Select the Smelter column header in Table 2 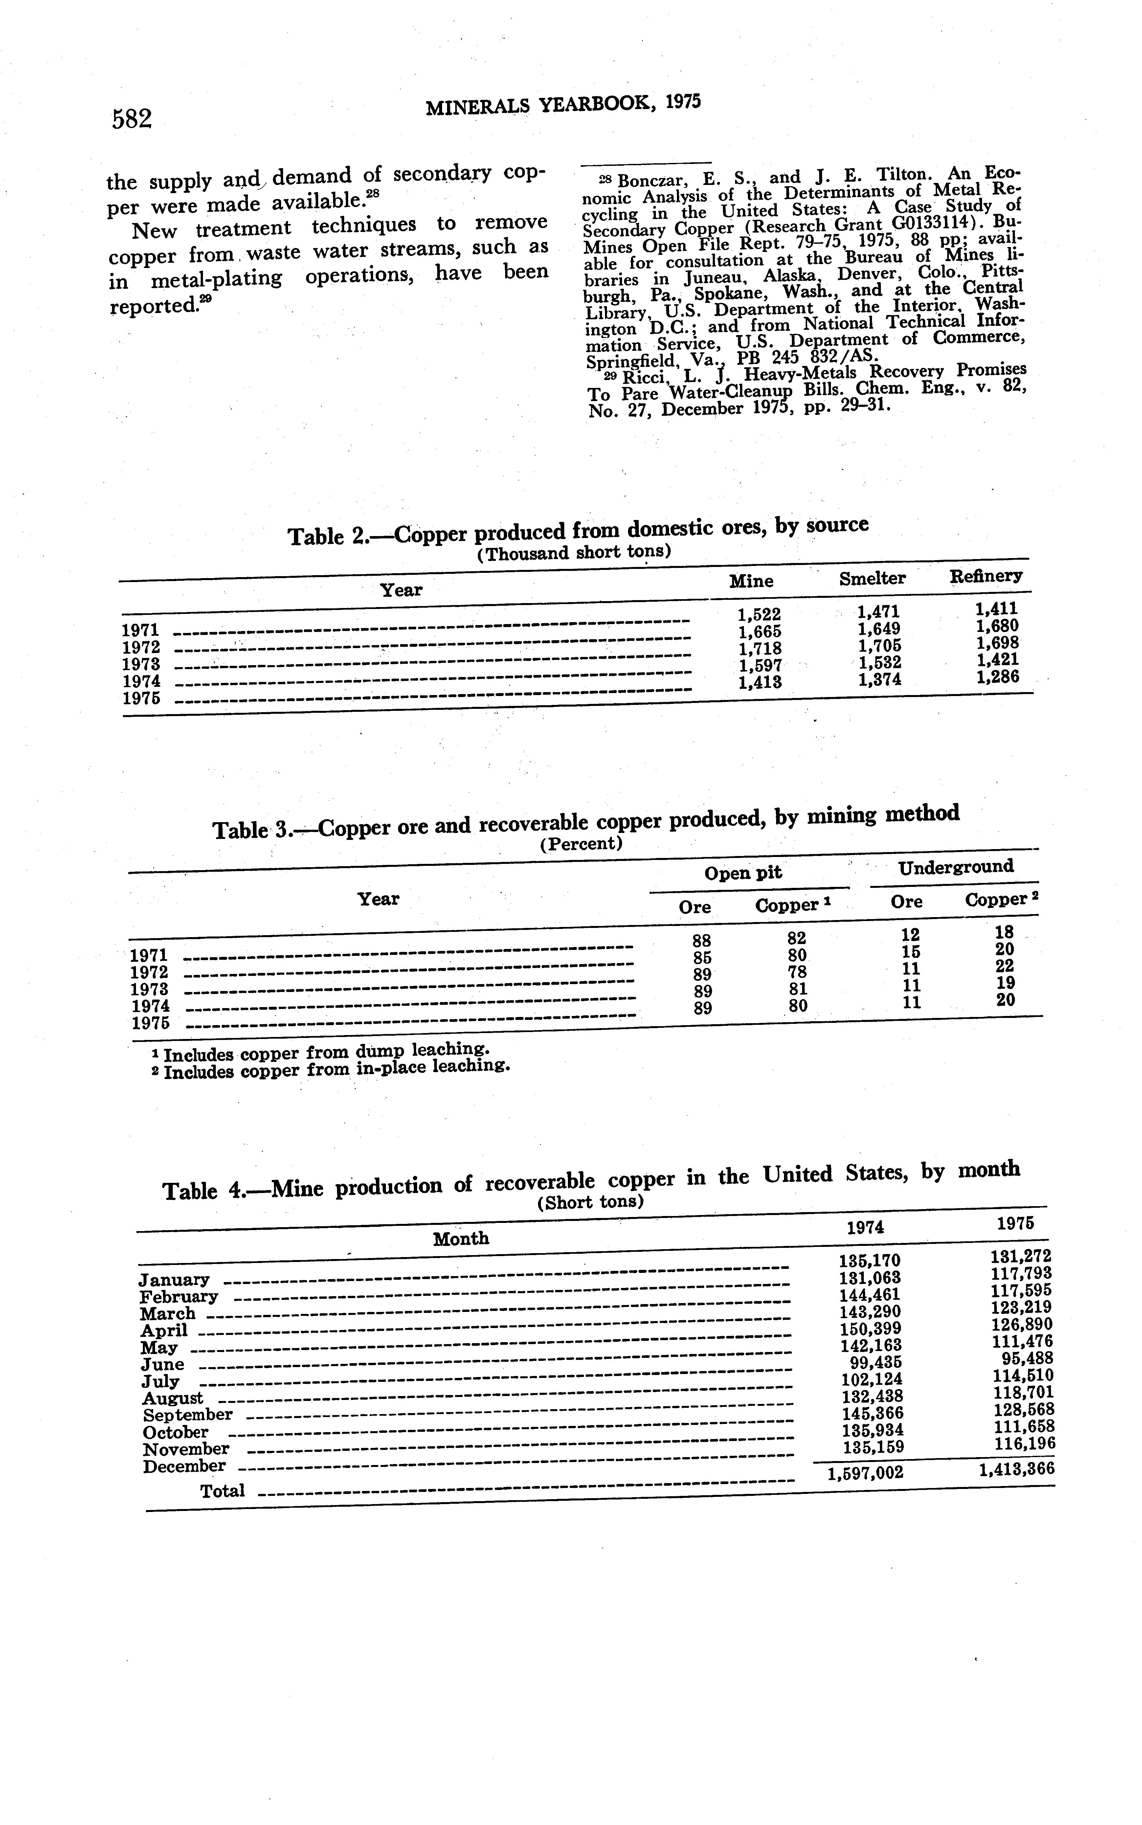[872, 579]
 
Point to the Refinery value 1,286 [997, 677]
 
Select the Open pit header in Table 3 [743, 873]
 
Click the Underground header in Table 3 [955, 867]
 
